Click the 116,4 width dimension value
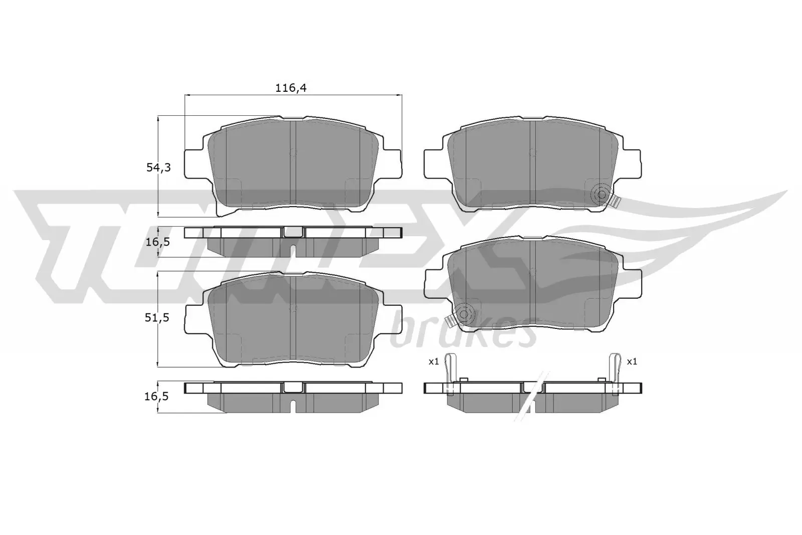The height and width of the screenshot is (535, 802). (x=291, y=88)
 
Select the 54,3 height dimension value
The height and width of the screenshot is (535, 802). (x=158, y=167)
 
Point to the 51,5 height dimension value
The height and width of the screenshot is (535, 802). (x=158, y=317)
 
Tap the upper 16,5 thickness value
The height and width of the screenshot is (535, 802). (x=157, y=242)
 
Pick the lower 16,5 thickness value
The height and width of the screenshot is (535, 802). (x=157, y=396)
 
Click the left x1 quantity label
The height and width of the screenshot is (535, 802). (x=434, y=361)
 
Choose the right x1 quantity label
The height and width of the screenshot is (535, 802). (x=632, y=361)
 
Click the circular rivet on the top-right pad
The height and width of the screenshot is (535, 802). (x=600, y=195)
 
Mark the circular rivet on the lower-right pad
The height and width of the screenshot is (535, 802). (x=464, y=314)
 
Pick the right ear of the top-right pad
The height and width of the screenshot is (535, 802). (x=633, y=163)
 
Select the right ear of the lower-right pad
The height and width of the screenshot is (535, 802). (x=633, y=282)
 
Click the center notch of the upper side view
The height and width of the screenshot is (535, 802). (x=294, y=232)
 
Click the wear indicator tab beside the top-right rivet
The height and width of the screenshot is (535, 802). (x=616, y=201)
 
